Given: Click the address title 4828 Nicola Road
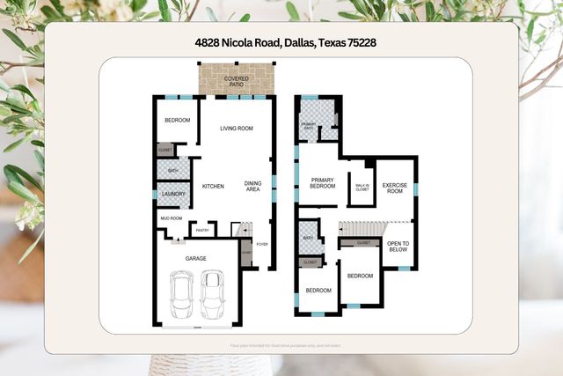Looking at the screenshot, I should point(281,41).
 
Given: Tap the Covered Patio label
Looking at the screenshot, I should point(235,81).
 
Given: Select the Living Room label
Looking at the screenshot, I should point(236,129).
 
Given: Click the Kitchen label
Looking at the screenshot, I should point(213,186).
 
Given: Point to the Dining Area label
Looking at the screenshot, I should point(252,186).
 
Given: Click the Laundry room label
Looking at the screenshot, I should point(172,194).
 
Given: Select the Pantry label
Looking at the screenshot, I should point(202,231).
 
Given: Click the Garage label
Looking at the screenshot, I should point(196,258).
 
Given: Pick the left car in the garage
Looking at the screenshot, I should point(182,294).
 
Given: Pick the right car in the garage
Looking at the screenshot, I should point(212,294).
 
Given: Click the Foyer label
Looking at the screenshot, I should point(262,244).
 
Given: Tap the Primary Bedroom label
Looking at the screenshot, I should point(323,183).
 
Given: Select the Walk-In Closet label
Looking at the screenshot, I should point(362,186).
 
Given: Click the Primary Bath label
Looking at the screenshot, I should point(310,125).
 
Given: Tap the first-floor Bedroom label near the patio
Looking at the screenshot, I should point(177,120).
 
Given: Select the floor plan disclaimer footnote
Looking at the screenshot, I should point(281,345).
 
